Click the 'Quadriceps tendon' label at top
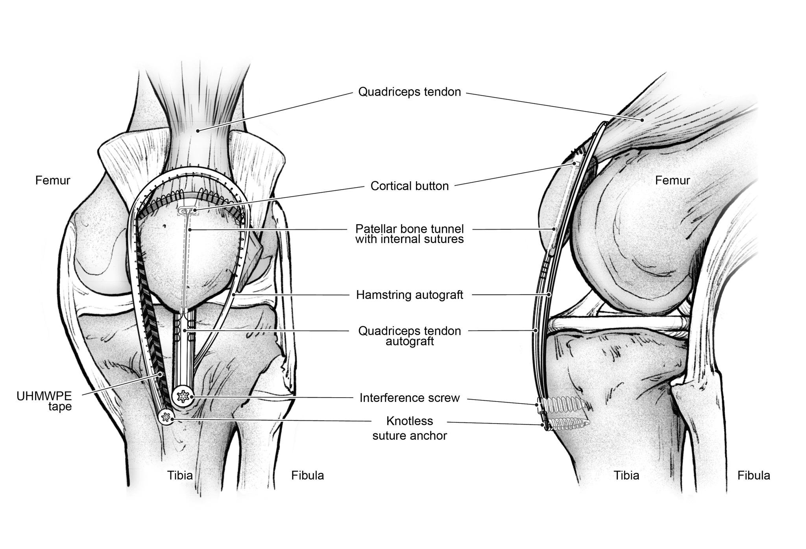(x=409, y=92)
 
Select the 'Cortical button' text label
(x=409, y=186)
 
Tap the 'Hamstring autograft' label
(x=409, y=295)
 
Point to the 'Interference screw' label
(x=409, y=398)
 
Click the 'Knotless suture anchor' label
(x=409, y=428)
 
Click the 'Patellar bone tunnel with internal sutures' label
(x=409, y=234)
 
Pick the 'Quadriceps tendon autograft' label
(x=409, y=336)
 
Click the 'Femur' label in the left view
(x=52, y=181)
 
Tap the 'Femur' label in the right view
(x=672, y=181)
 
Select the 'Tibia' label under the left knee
(x=180, y=475)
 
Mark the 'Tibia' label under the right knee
(x=626, y=475)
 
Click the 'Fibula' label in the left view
(x=307, y=475)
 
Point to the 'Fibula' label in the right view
(x=753, y=475)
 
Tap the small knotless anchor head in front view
(x=166, y=417)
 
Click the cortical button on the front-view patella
(x=188, y=211)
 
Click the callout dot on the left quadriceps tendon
(x=198, y=131)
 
